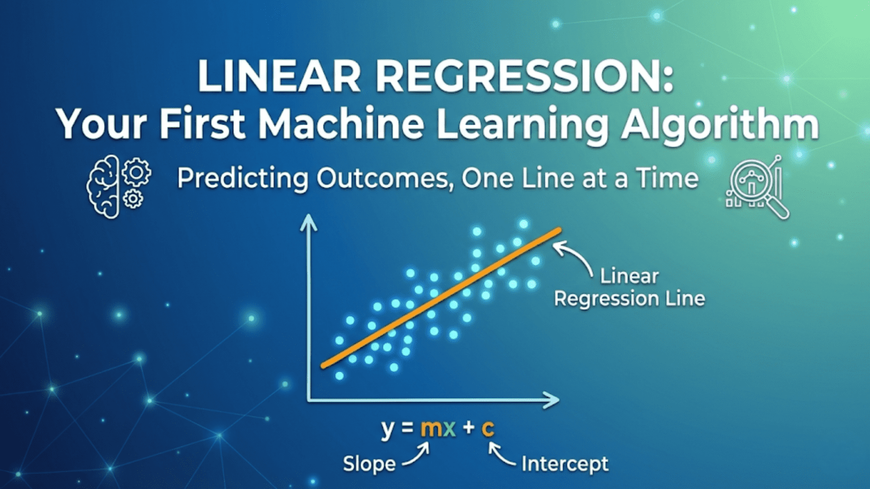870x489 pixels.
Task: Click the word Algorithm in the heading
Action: pos(719,124)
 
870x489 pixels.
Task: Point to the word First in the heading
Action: pos(202,124)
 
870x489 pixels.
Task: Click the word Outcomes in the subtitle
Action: pos(385,179)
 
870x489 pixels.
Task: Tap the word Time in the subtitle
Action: pos(667,179)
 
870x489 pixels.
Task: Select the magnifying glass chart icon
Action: pos(757,187)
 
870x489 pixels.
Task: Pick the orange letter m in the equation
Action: pos(431,428)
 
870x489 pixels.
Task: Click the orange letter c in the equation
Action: pos(488,428)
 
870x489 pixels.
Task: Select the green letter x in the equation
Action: pos(449,428)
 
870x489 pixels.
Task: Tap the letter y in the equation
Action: pos(387,429)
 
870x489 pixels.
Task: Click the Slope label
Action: pos(369,464)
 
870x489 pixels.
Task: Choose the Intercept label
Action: pos(565,464)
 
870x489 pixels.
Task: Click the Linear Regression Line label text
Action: pos(629,288)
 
